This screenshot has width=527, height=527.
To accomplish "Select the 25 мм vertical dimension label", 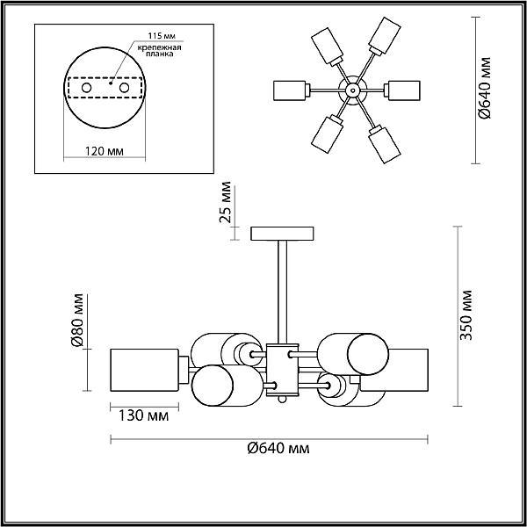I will (x=227, y=204).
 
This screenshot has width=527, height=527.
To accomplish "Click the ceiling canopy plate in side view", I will (x=283, y=235).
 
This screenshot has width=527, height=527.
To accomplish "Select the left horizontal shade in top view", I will (x=290, y=90).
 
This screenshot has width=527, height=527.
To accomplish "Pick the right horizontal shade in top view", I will (x=410, y=90).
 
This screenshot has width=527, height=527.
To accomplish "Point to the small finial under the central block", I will (x=283, y=400).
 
